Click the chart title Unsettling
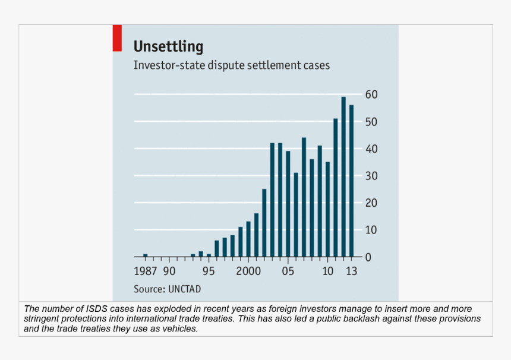click(168, 46)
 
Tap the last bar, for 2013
click(351, 181)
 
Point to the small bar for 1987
click(146, 255)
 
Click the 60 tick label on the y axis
click(372, 95)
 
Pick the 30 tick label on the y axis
click(372, 176)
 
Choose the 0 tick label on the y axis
click(368, 257)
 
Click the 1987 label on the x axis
click(146, 271)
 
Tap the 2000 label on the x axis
click(249, 271)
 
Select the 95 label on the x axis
click(208, 271)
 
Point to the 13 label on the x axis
click(351, 271)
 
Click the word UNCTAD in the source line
click(186, 289)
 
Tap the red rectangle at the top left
click(117, 37)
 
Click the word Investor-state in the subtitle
click(169, 65)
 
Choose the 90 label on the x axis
click(169, 271)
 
